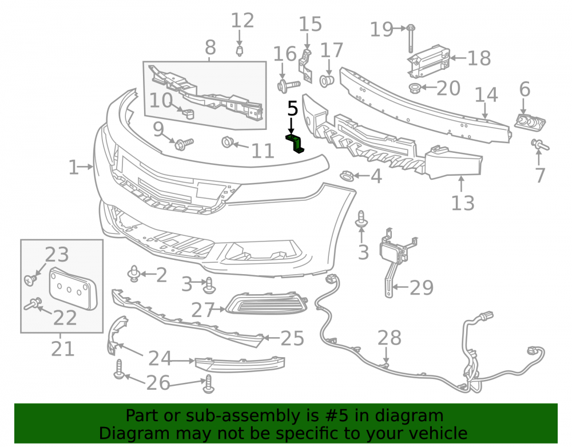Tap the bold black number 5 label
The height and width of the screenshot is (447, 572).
point(292,109)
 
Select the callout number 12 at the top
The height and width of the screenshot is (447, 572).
point(243,21)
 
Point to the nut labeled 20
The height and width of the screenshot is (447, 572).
point(415,88)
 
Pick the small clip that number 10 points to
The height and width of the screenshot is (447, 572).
point(189,114)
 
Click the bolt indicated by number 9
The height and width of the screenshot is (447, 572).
point(184,144)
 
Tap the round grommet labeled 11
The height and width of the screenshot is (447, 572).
point(227,141)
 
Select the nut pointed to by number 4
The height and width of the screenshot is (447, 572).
point(346,176)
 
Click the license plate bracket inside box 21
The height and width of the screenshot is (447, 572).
point(74,288)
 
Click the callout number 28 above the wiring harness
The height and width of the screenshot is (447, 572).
point(389,338)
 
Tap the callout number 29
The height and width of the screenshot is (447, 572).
point(422,288)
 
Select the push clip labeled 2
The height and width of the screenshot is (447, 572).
point(134,274)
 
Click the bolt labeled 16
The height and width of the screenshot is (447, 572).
point(288,85)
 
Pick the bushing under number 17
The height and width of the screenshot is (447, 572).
point(327,81)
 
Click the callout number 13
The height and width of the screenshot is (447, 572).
point(463,203)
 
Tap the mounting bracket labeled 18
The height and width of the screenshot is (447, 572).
point(428,61)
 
